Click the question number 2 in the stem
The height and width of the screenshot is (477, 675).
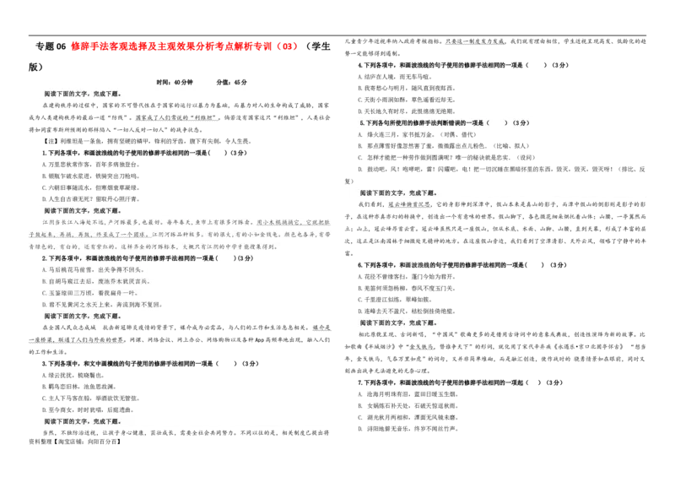pyautogui.click(x=44, y=258)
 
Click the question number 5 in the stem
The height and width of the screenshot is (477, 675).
pyautogui.click(x=361, y=123)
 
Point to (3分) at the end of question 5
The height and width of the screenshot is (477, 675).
pyautogui.click(x=521, y=123)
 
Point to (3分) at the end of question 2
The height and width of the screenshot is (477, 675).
pyautogui.click(x=245, y=258)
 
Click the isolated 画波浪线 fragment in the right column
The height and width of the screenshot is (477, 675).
pyautogui.click(x=416, y=264)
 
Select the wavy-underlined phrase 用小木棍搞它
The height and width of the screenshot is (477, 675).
pyautogui.click(x=278, y=223)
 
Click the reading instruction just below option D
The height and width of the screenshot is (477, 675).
pyautogui.click(x=82, y=316)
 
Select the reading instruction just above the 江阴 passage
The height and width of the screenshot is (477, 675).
pyautogui.click(x=82, y=210)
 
